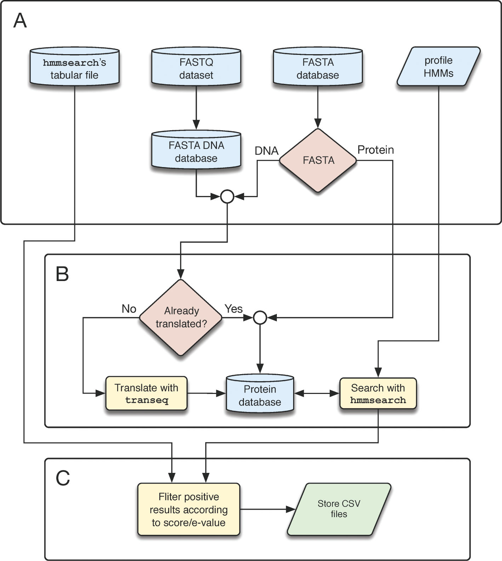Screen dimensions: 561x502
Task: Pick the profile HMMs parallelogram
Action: [438, 67]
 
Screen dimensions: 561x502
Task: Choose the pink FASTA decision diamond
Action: [318, 160]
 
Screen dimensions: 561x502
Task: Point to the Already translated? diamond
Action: [181, 317]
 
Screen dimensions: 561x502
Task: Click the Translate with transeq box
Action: [146, 394]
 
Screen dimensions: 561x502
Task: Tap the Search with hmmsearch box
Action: [378, 394]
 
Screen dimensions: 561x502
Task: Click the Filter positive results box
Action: [189, 509]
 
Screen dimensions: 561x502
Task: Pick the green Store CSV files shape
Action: [339, 509]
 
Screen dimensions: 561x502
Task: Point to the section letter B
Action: [62, 274]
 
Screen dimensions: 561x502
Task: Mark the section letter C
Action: [63, 478]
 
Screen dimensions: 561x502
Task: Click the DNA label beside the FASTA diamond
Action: [267, 151]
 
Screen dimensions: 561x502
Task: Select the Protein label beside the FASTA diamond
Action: [376, 150]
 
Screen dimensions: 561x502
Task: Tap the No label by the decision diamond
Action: [129, 309]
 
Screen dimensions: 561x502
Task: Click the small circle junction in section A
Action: [227, 196]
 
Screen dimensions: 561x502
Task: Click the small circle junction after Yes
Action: [260, 318]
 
